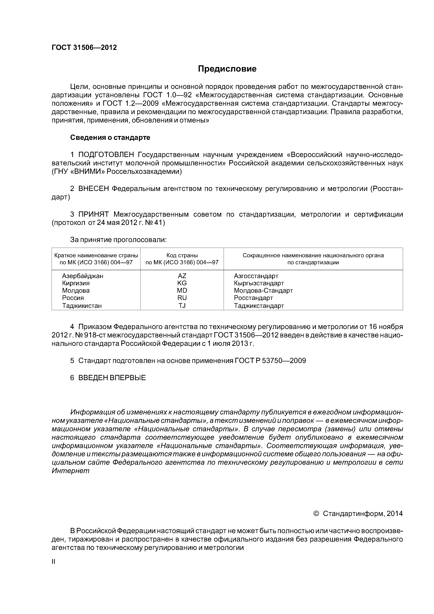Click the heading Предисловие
click(x=227, y=69)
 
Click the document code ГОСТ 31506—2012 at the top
click(x=84, y=48)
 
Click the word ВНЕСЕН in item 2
click(x=94, y=189)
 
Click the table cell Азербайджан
click(x=83, y=276)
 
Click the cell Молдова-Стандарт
click(x=263, y=291)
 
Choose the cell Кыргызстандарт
click(x=259, y=283)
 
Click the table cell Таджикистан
click(x=82, y=306)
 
